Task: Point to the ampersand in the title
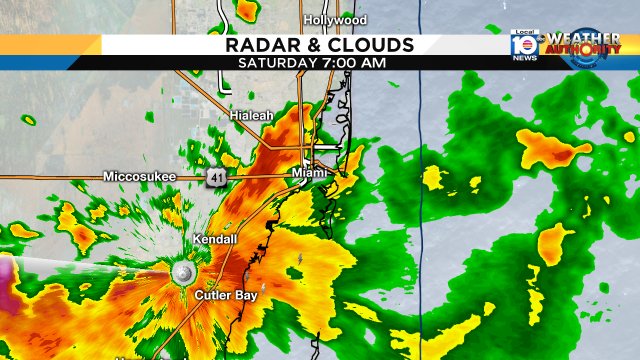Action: [x=319, y=45]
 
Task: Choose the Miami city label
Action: [x=310, y=174]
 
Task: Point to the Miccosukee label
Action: [x=139, y=176]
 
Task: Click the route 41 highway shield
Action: [x=216, y=177]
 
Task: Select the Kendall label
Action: [x=215, y=240]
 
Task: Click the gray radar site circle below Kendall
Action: [x=183, y=273]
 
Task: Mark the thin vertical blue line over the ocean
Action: [x=421, y=200]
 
